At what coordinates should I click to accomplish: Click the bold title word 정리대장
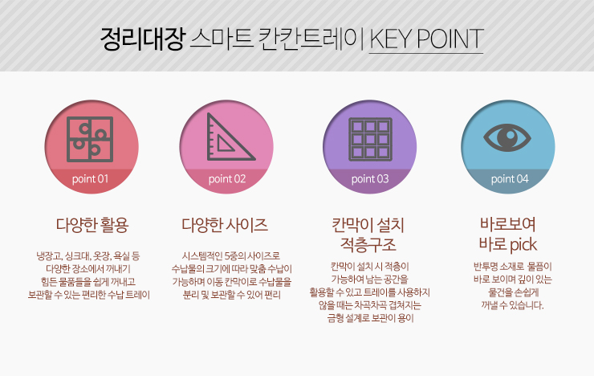(143, 39)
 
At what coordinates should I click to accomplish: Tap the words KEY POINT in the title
(426, 39)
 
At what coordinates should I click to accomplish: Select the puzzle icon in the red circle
(90, 139)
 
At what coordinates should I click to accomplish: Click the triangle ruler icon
(230, 137)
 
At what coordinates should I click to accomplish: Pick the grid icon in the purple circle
(370, 139)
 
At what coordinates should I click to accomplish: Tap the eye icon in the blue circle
(507, 137)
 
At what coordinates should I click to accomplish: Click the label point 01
(90, 179)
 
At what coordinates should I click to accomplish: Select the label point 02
(227, 179)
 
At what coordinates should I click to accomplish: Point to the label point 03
(370, 179)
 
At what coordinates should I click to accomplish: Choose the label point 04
(510, 179)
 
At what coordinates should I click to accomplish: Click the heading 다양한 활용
(92, 225)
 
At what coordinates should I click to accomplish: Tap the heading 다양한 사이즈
(225, 225)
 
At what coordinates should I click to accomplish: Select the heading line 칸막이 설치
(368, 225)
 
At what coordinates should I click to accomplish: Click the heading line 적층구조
(368, 244)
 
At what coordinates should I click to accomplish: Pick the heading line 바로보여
(508, 224)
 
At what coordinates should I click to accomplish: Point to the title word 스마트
(221, 39)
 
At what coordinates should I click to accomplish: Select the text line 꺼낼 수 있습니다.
(512, 305)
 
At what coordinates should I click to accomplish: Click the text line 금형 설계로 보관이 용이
(370, 318)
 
